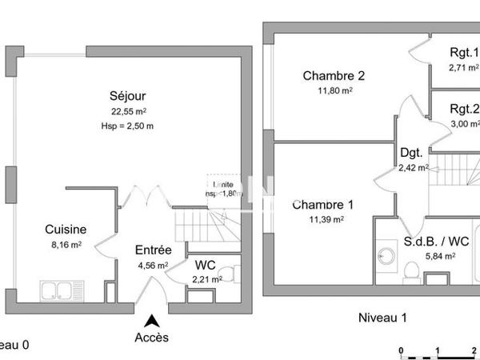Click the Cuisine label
tap(66, 229)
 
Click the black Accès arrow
tap(151, 320)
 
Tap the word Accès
tap(152, 338)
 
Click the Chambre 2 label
tap(334, 76)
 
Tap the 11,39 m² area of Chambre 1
tap(326, 219)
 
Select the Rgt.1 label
tap(463, 54)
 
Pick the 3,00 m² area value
tap(464, 124)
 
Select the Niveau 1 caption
tap(382, 318)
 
